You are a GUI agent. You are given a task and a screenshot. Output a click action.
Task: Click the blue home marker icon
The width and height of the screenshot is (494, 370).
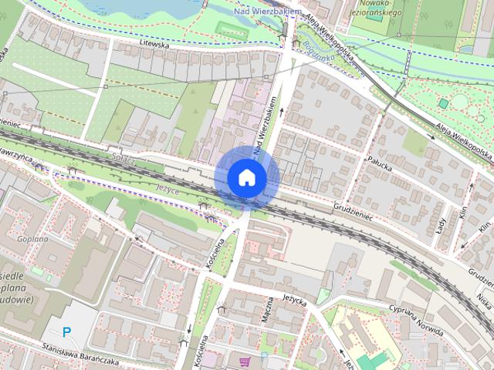click(x=246, y=177)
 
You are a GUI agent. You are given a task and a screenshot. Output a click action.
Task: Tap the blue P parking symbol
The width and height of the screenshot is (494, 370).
click(x=66, y=331)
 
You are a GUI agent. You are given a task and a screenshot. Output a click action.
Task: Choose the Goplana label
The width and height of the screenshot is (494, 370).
click(x=31, y=239)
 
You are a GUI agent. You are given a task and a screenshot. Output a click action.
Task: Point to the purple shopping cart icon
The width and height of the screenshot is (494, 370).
click(x=245, y=361)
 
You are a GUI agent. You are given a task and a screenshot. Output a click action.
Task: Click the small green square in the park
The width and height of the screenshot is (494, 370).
click(x=442, y=103)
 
